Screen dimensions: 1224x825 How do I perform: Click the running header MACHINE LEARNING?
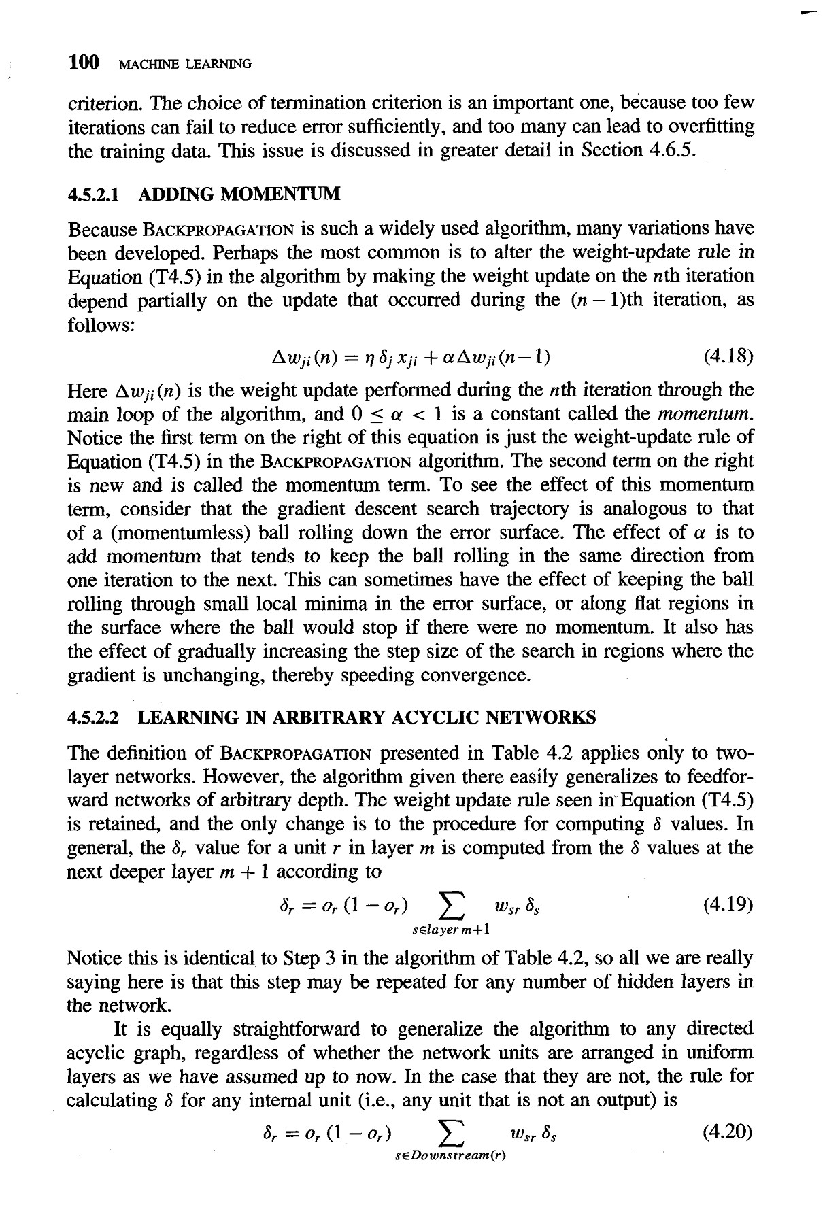tap(185, 65)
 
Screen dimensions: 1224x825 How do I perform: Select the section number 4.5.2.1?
tap(95, 195)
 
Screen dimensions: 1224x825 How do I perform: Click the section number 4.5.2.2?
tap(95, 717)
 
